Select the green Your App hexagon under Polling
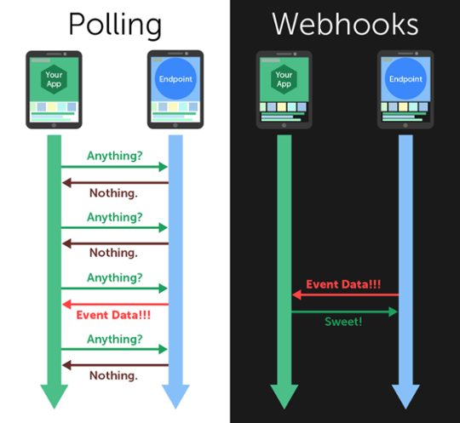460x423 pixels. point(54,78)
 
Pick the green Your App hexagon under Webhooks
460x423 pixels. point(284,78)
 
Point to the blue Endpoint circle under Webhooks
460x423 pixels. point(405,78)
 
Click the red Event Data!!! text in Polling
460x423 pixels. point(113,314)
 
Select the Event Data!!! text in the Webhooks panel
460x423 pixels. point(345,283)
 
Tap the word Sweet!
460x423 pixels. point(345,323)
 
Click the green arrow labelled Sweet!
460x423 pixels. point(345,312)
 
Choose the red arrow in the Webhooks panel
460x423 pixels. point(345,294)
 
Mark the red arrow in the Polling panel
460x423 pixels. point(114,302)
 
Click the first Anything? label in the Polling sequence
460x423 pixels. point(114,156)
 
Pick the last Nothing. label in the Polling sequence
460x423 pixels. point(114,374)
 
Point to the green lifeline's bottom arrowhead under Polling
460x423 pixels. point(54,396)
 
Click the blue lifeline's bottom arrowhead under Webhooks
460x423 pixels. point(405,396)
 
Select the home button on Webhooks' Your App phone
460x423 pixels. point(284,124)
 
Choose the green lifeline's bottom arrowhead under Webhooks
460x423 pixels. point(284,396)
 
